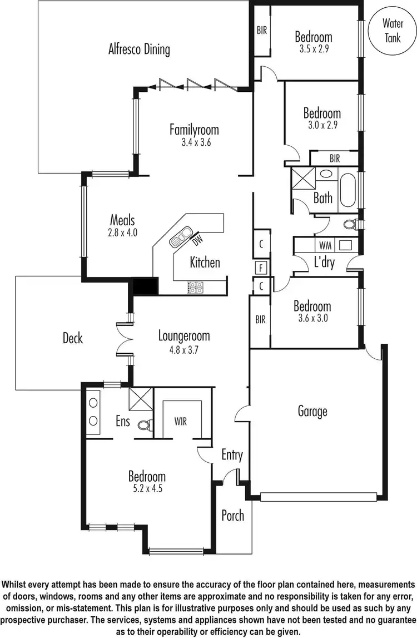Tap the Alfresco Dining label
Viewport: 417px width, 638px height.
coord(139,49)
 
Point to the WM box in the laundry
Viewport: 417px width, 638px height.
coord(324,245)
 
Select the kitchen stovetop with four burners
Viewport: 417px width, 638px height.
coord(195,287)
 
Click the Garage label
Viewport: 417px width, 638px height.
coord(312,411)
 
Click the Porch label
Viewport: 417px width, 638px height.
coord(232,515)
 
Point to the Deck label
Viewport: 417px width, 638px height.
coord(73,338)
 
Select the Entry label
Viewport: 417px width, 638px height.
coord(232,455)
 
